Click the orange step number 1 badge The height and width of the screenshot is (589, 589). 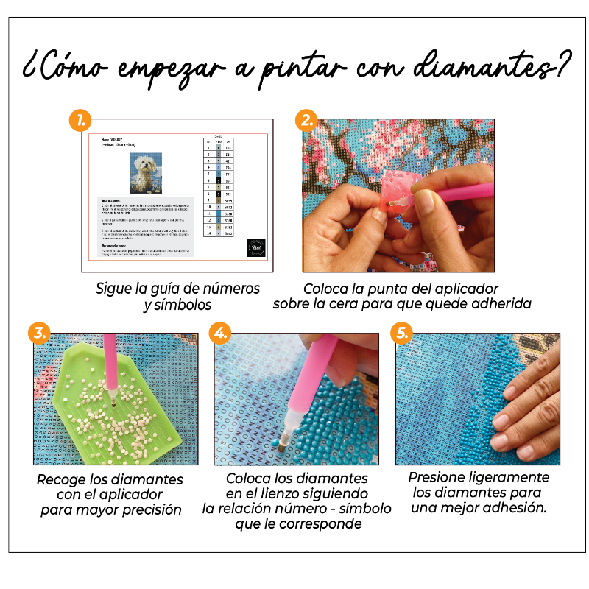pos(80,119)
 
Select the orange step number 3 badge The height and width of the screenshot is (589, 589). pos(40,334)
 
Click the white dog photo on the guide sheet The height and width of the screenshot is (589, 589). pos(146,174)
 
